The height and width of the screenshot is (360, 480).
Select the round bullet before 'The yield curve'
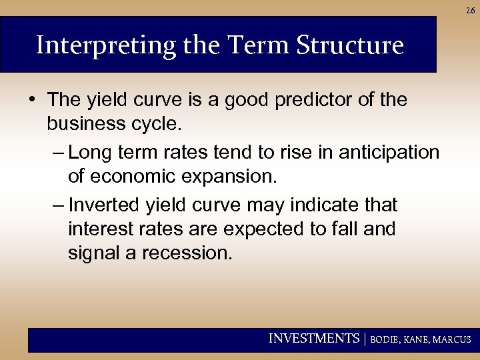(x=33, y=100)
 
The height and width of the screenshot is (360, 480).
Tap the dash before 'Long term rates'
(x=58, y=153)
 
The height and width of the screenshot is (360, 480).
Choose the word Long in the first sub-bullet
(x=91, y=153)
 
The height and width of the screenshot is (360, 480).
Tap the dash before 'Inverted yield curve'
(x=58, y=205)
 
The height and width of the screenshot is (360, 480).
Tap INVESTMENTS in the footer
(x=313, y=339)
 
